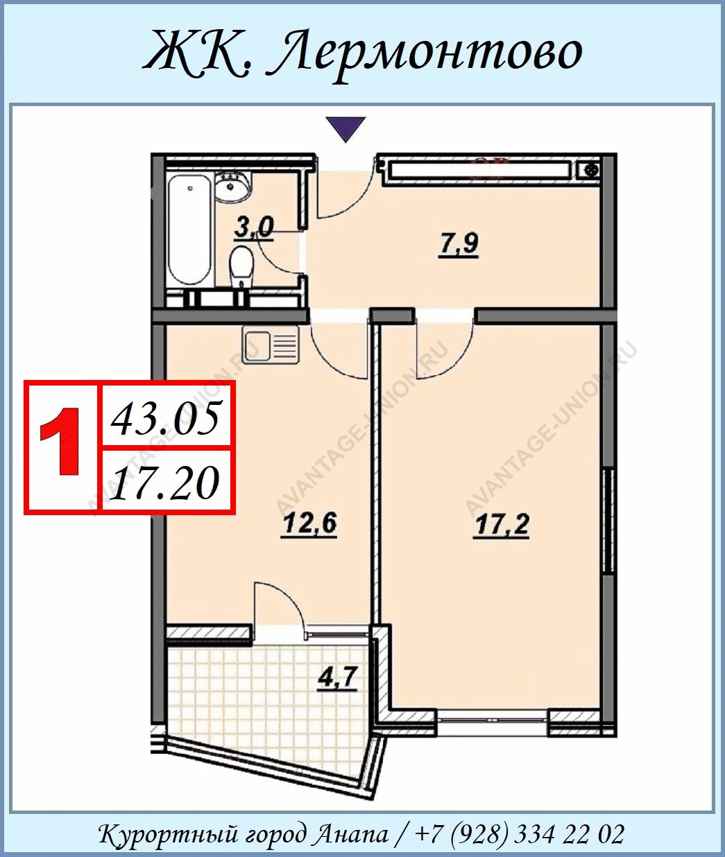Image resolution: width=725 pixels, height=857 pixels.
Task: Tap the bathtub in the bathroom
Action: pos(190,230)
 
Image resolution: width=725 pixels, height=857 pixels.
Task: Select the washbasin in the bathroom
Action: pos(232,187)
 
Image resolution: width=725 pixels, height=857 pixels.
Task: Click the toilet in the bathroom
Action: pos(241,266)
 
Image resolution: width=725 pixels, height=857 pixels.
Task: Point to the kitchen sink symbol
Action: pos(271,345)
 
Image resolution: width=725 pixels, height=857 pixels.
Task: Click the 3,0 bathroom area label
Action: pos(254,228)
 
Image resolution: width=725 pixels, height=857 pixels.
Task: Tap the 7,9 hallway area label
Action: pos(459,245)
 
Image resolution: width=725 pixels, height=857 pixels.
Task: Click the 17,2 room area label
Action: pos(502,526)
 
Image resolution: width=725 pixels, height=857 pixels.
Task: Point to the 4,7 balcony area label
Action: pos(338,678)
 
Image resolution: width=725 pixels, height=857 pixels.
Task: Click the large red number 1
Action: pos(60,441)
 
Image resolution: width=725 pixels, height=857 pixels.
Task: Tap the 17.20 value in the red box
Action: pos(165,483)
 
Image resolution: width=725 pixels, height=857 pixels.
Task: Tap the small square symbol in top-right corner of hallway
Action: pos(590,171)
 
